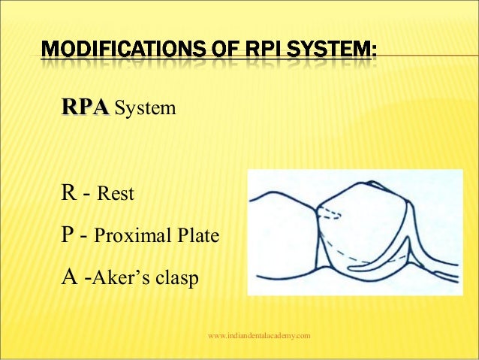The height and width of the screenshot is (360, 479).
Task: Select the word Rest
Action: pyautogui.click(x=116, y=195)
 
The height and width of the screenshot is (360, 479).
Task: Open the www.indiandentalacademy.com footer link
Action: pyautogui.click(x=258, y=335)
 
